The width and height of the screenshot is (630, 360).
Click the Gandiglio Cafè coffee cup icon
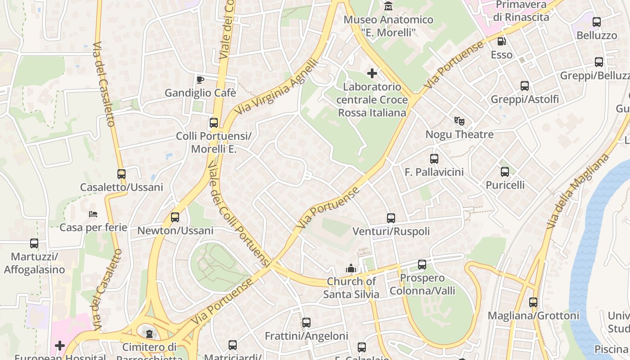click(200, 80)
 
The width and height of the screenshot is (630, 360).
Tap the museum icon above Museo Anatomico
click(388, 6)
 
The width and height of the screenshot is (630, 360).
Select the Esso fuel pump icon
click(501, 41)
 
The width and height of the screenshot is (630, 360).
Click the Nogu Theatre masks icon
click(459, 121)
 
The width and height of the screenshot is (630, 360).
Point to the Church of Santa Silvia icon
click(351, 268)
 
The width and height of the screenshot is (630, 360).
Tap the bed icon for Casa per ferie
click(93, 214)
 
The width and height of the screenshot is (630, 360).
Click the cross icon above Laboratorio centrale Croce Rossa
click(372, 73)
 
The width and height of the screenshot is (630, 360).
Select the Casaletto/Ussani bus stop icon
click(121, 174)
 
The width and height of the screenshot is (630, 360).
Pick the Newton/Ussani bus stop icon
click(175, 217)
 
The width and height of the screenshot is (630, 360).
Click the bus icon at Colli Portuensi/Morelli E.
click(214, 123)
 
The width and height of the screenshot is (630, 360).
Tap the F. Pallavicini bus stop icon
click(434, 159)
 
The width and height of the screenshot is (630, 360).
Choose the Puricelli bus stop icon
click(505, 172)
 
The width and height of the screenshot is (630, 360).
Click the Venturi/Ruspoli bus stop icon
click(391, 218)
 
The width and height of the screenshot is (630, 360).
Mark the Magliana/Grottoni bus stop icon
click(533, 302)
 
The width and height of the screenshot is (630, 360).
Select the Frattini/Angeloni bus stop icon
click(306, 323)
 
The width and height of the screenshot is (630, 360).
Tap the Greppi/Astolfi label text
click(525, 99)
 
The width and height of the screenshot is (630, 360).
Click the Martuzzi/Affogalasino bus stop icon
click(34, 243)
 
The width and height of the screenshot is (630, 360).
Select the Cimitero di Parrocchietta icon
click(149, 334)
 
